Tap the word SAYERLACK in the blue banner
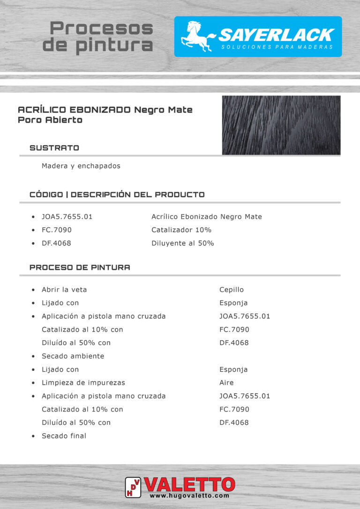click(x=276, y=35)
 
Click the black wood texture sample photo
click(x=281, y=125)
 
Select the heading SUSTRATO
click(x=54, y=148)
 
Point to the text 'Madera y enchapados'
click(x=81, y=166)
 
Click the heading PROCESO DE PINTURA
click(x=80, y=268)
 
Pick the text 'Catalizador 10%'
click(x=181, y=230)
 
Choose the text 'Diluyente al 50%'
click(x=183, y=243)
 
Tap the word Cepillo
click(x=232, y=290)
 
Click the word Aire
click(x=226, y=382)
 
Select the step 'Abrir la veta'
click(x=64, y=290)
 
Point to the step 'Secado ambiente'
click(x=73, y=356)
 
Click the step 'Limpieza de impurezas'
click(x=83, y=382)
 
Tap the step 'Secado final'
click(x=64, y=436)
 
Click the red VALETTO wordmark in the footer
click(x=190, y=484)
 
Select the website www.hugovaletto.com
click(x=189, y=495)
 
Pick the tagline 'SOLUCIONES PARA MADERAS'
click(x=277, y=47)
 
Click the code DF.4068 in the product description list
click(x=57, y=243)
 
